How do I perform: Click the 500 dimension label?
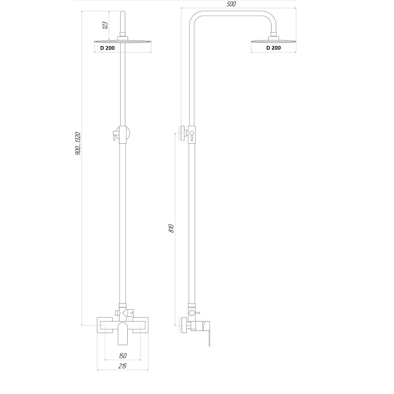click(x=231, y=4)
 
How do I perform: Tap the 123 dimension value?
click(x=105, y=25)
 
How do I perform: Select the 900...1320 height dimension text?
click(x=78, y=143)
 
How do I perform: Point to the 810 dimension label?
click(x=171, y=228)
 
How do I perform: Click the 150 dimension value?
click(x=123, y=356)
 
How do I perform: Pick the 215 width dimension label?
click(x=123, y=366)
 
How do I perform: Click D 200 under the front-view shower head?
click(x=107, y=48)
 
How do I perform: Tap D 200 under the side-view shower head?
click(x=273, y=48)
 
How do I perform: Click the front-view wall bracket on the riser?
click(x=122, y=134)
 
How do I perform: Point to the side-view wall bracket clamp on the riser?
click(x=191, y=135)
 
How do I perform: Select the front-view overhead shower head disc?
click(x=123, y=41)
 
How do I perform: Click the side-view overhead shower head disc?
click(x=273, y=41)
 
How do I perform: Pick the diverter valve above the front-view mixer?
click(x=125, y=313)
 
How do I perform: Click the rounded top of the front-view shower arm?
click(x=123, y=13)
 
